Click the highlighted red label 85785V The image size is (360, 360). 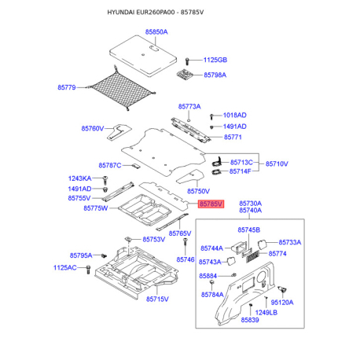(211, 204)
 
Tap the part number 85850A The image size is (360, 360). (156, 32)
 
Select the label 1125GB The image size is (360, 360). (215, 60)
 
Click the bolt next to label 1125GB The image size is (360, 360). (187, 61)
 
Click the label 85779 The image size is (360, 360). (67, 87)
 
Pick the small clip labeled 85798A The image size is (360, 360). (186, 74)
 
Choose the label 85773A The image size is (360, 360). (189, 107)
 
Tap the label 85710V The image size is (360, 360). (277, 163)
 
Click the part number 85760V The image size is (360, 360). (93, 128)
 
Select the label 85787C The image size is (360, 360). (110, 165)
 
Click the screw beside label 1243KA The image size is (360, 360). (105, 180)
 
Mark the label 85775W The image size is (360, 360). (96, 208)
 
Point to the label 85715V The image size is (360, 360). (157, 299)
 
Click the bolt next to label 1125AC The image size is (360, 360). (88, 269)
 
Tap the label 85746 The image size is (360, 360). (186, 259)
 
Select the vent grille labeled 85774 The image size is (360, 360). (252, 256)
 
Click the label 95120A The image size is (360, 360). (282, 303)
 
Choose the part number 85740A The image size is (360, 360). (251, 211)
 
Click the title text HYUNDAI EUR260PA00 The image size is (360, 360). (141, 13)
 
